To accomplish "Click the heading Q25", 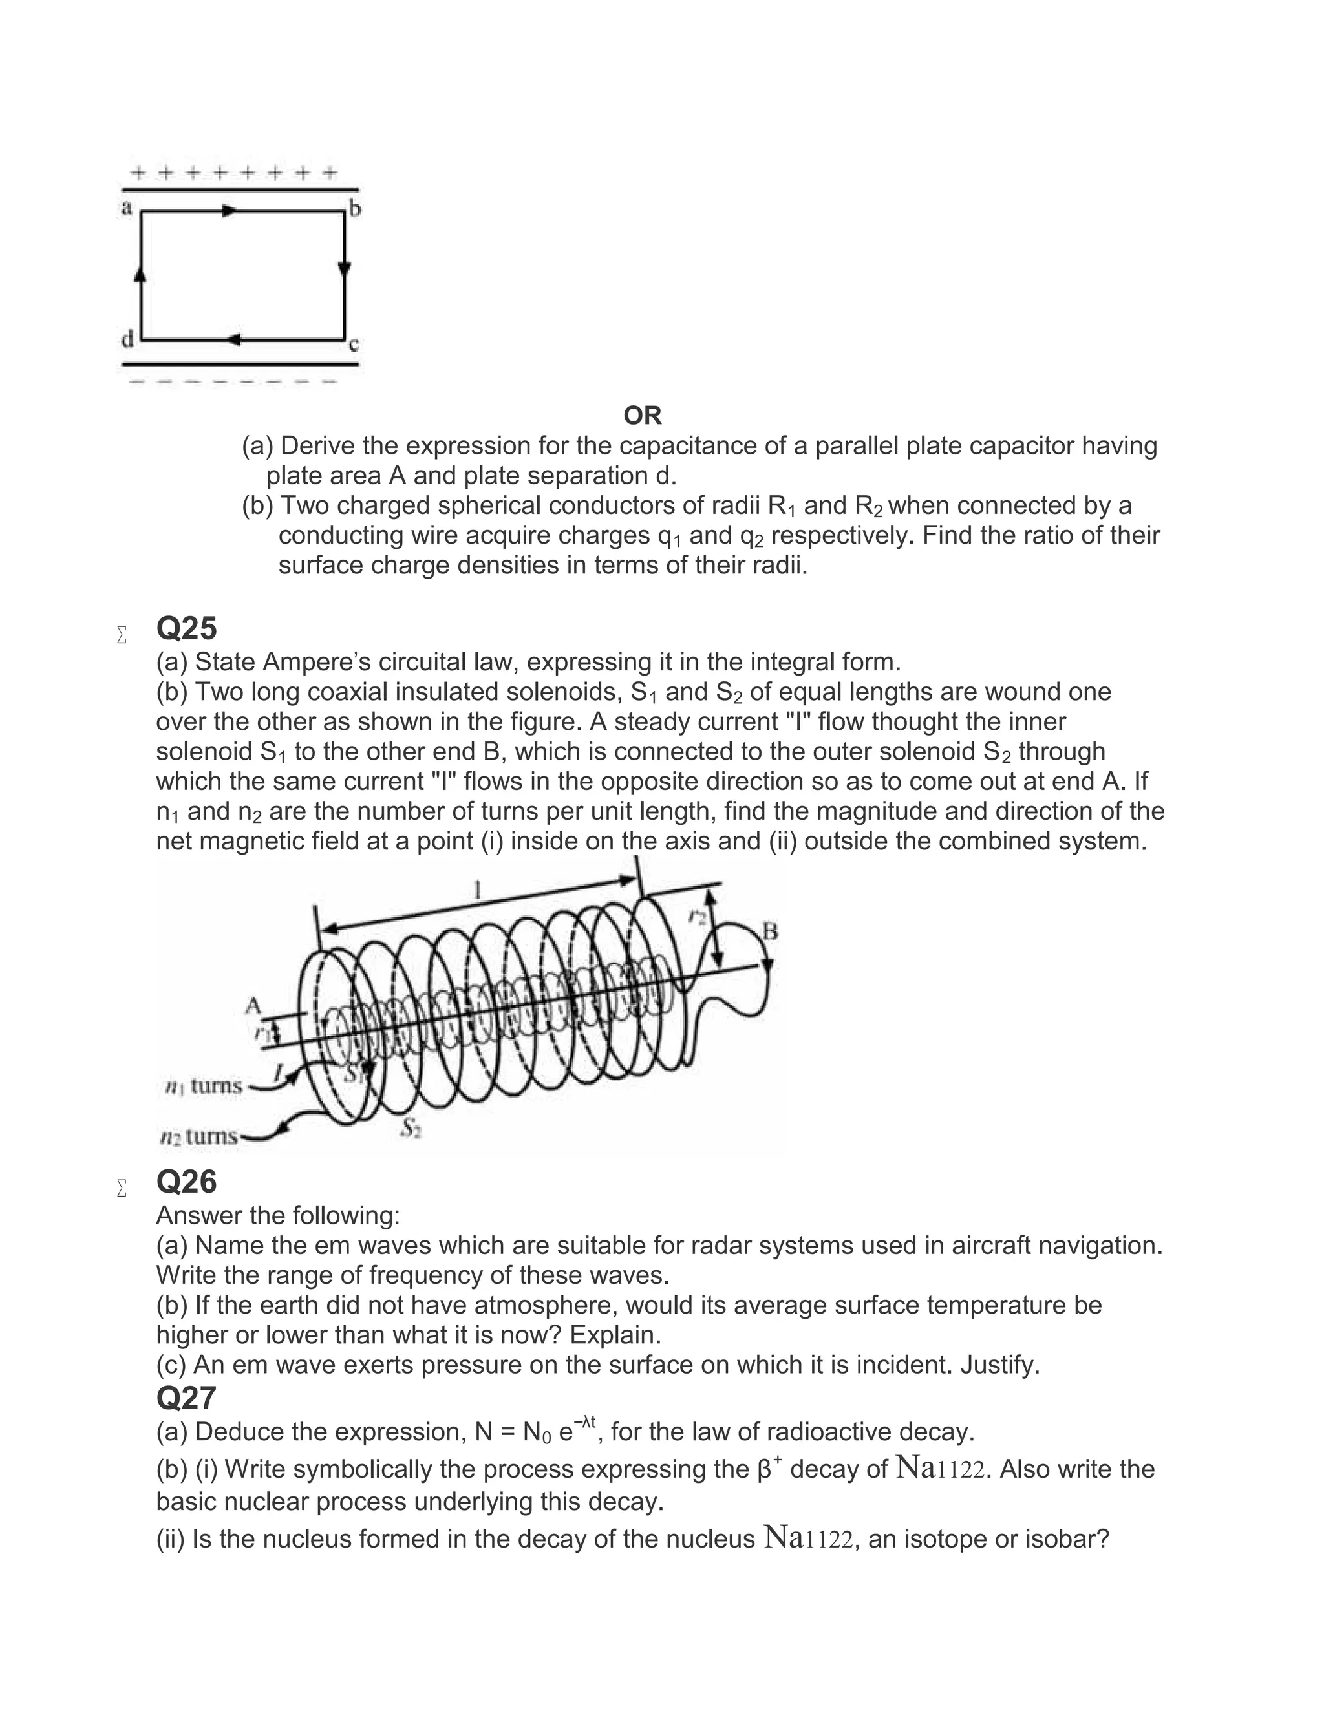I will pos(186,628).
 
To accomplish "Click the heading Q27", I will pos(186,1398).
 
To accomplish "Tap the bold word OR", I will pos(643,415).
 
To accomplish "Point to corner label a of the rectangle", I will pos(125,208).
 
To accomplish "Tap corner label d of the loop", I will pos(126,339).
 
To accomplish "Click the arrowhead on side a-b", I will pos(228,211).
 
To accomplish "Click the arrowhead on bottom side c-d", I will pos(232,339).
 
